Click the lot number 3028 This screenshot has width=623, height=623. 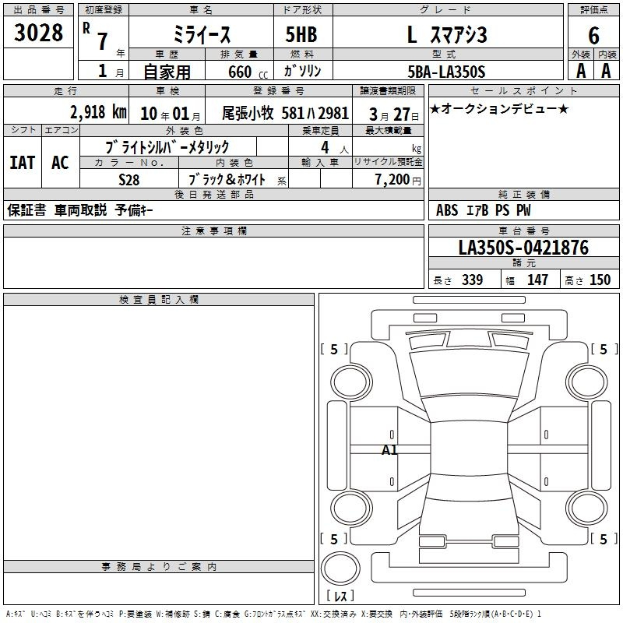[38, 33]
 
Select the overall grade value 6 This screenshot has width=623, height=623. [593, 36]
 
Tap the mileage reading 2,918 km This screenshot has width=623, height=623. [98, 112]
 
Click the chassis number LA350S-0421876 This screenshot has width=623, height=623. [523, 248]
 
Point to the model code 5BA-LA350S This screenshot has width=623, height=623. [446, 72]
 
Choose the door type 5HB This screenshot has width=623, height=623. [301, 35]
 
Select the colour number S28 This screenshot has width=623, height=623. [129, 180]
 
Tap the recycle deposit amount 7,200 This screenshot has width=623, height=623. [392, 180]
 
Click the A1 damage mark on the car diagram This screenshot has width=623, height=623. [389, 450]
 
